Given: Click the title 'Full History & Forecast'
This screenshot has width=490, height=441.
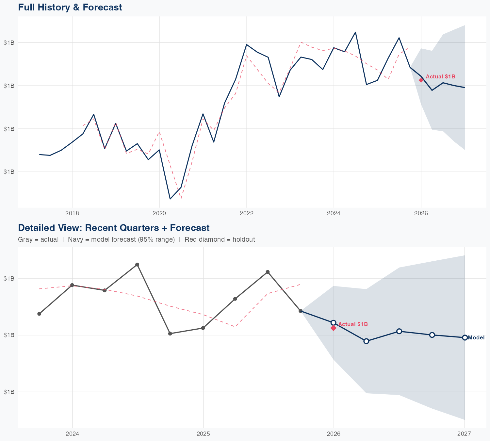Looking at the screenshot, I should click(70, 7).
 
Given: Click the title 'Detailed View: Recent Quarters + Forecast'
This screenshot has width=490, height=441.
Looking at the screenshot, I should click(114, 228).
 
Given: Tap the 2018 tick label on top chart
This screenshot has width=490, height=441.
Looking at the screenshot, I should click(72, 214).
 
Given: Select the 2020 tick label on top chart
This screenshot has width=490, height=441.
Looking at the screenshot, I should click(159, 214).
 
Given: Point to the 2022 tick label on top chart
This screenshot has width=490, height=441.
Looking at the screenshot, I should click(247, 214).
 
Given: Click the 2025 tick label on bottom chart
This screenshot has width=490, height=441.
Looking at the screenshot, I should click(203, 434).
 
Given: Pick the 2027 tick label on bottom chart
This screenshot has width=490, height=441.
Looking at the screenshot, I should click(464, 434).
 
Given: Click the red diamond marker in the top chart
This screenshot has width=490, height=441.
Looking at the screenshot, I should click(421, 80).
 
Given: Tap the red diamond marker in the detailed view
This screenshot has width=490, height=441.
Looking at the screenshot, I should click(334, 328).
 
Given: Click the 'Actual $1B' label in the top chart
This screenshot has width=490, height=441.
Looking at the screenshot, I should click(440, 76).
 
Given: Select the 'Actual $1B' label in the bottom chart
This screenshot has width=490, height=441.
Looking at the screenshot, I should click(353, 324).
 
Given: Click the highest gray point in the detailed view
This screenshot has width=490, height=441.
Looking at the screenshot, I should click(137, 265).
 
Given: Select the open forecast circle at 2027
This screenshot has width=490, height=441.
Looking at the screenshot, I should click(465, 337).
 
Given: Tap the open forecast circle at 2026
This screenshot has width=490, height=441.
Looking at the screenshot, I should click(334, 323).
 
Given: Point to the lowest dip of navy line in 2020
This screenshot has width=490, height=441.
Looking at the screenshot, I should click(170, 199).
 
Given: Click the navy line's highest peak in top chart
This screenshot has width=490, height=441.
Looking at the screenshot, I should click(355, 32).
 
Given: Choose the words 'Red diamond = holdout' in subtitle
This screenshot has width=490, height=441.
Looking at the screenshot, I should click(220, 239).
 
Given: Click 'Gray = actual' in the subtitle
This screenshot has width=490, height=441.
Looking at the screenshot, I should click(38, 239).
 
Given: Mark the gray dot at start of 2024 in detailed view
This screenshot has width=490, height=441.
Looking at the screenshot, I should click(72, 285).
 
